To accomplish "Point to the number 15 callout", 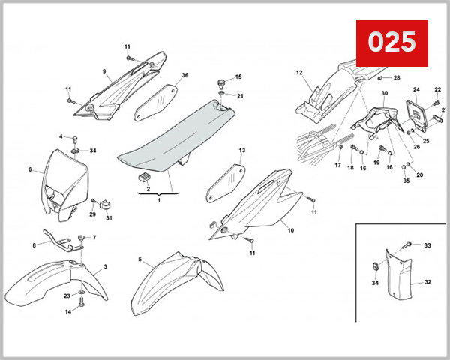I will [x=239, y=77].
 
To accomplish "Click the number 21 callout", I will [x=241, y=96].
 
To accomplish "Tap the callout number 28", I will [x=397, y=77].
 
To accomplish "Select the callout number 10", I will [x=291, y=230].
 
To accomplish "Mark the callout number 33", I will [x=427, y=245].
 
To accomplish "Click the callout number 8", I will [x=34, y=245].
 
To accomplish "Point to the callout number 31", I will [x=109, y=218].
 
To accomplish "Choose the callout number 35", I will [x=406, y=181].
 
